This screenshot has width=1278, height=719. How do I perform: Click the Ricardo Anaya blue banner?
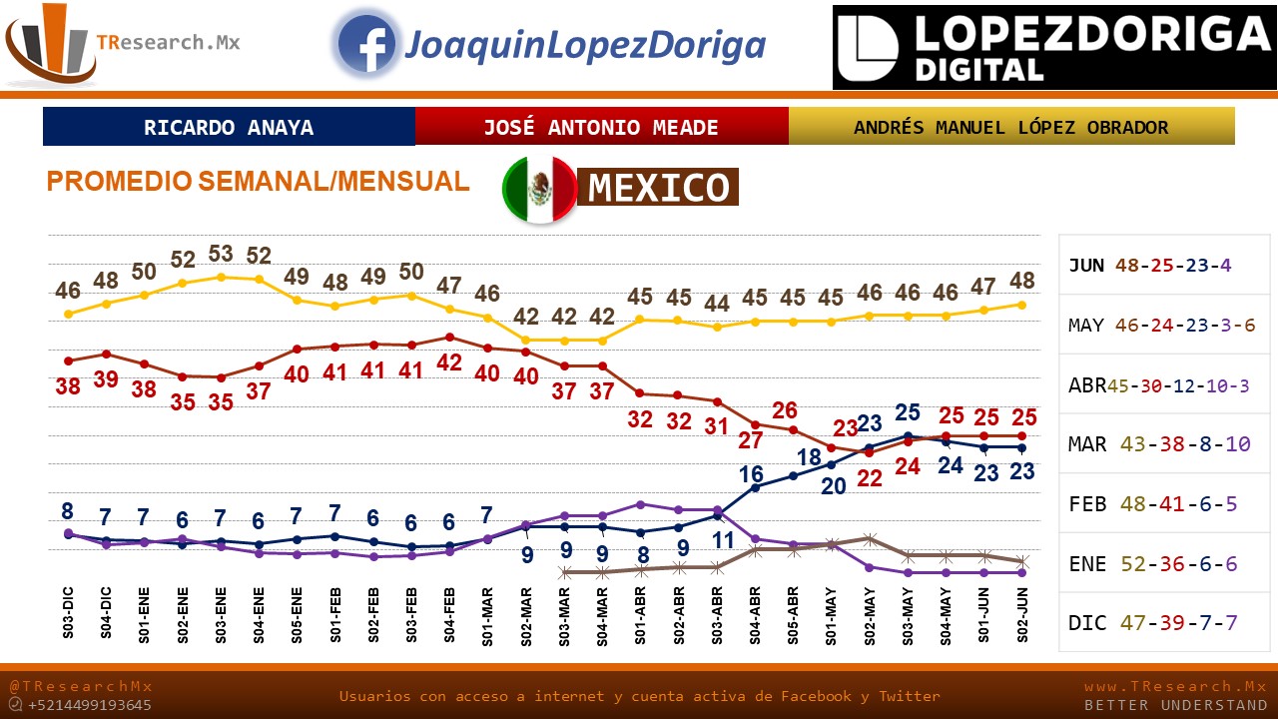tap(229, 128)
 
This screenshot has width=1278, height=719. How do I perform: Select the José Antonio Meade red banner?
tap(601, 128)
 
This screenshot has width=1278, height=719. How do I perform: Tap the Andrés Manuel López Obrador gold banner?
tap(1010, 128)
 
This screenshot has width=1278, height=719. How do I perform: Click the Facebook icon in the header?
tap(366, 45)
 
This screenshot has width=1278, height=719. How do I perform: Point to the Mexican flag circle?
tap(539, 190)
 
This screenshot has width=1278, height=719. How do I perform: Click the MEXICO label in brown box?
tap(658, 188)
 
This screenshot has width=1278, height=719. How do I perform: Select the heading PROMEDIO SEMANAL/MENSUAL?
tap(258, 182)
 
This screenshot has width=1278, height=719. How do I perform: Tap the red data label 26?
tap(785, 410)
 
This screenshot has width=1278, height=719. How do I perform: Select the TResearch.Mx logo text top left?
tap(168, 43)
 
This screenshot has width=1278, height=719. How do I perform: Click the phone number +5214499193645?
tap(90, 705)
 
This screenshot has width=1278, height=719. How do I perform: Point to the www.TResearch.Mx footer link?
tap(1175, 687)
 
